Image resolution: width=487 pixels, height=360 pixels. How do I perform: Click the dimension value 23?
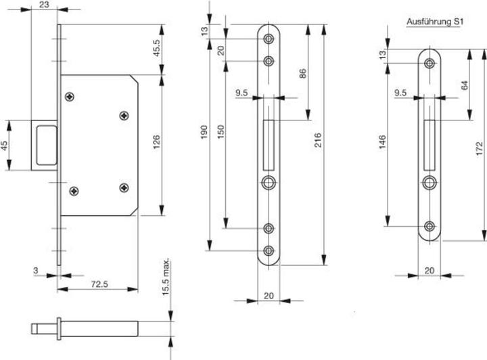pyautogui.click(x=43, y=5)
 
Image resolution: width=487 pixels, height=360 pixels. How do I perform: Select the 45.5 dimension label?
pyautogui.click(x=156, y=49)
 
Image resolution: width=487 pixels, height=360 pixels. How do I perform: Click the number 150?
pyautogui.click(x=221, y=133)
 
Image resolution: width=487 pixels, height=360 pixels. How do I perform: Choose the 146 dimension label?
pyautogui.click(x=383, y=142)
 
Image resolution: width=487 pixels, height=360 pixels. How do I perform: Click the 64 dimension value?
pyautogui.click(x=464, y=86)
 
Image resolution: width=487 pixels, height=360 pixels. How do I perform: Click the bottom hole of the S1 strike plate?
pyautogui.click(x=430, y=227)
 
